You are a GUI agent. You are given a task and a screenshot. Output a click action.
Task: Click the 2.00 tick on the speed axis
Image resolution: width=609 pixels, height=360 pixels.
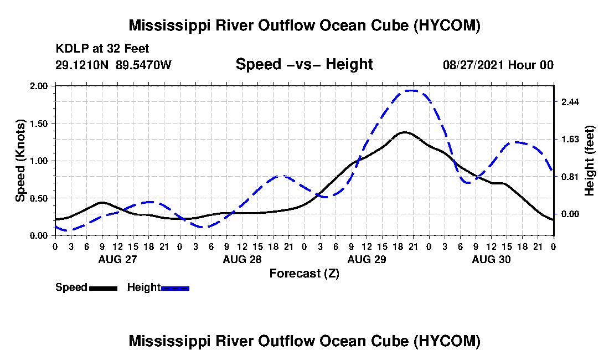pyautogui.click(x=38, y=86)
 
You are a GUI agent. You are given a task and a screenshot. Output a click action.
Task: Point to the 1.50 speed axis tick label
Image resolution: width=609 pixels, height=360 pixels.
pyautogui.click(x=38, y=124)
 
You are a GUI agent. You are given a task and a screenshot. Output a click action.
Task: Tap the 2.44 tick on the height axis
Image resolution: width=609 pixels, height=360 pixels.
pyautogui.click(x=570, y=102)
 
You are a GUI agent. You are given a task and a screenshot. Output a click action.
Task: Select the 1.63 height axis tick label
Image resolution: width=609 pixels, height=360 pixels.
pyautogui.click(x=570, y=140)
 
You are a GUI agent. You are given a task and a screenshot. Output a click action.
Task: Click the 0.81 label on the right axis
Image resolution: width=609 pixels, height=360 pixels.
pyautogui.click(x=570, y=177)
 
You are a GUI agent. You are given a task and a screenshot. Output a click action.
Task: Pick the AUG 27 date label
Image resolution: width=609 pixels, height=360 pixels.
pyautogui.click(x=118, y=259)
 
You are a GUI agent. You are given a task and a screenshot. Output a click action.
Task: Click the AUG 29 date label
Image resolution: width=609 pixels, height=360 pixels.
pyautogui.click(x=367, y=259)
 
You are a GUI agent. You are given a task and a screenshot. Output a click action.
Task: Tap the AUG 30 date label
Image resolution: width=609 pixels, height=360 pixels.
pyautogui.click(x=491, y=259)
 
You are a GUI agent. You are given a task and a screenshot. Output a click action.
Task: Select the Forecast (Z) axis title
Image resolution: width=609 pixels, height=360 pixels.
pyautogui.click(x=304, y=274)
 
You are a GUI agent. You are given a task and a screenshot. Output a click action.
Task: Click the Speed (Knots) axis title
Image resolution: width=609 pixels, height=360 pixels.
pyautogui.click(x=20, y=161)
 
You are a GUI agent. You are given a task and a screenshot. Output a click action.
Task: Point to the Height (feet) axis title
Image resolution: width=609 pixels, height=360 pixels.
pyautogui.click(x=589, y=161)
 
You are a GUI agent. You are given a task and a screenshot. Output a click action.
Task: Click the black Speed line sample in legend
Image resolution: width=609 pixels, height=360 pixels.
pyautogui.click(x=104, y=288)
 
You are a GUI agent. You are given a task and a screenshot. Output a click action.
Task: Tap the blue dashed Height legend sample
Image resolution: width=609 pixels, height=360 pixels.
pyautogui.click(x=175, y=288)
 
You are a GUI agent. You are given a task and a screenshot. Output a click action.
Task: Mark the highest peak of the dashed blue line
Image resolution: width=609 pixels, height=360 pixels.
pyautogui.click(x=411, y=90)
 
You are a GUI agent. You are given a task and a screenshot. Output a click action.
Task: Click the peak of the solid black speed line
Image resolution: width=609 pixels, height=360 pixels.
pyautogui.click(x=404, y=132)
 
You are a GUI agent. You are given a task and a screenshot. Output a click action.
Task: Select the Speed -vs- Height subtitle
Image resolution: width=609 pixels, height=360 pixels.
pyautogui.click(x=304, y=64)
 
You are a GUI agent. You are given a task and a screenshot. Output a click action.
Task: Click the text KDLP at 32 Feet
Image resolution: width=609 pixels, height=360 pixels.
pyautogui.click(x=102, y=49)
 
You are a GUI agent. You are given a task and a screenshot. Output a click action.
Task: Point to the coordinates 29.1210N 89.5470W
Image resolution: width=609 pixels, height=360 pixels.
pyautogui.click(x=113, y=65)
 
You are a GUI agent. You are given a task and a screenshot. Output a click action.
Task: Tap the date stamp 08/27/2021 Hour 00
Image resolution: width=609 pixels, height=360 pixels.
pyautogui.click(x=498, y=65)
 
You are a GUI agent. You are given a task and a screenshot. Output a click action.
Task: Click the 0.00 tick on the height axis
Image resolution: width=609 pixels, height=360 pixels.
pyautogui.click(x=570, y=214)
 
